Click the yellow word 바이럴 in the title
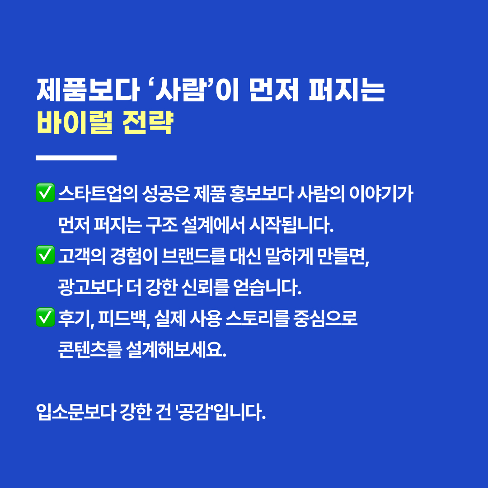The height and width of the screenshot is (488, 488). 75,122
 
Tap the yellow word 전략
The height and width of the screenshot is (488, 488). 148,122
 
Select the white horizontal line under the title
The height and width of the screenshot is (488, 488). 76,158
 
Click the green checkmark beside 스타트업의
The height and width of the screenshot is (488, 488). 46,192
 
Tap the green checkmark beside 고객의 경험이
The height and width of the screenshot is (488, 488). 46,255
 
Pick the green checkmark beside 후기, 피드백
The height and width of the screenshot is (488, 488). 46,317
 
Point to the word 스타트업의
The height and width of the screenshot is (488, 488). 98,193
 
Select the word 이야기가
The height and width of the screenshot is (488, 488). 381,193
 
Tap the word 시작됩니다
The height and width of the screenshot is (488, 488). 291,225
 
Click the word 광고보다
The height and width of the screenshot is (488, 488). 90,287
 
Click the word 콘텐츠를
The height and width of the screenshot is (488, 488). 90,350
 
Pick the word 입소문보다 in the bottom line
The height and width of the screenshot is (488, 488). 76,412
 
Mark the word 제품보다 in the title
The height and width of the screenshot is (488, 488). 88,90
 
